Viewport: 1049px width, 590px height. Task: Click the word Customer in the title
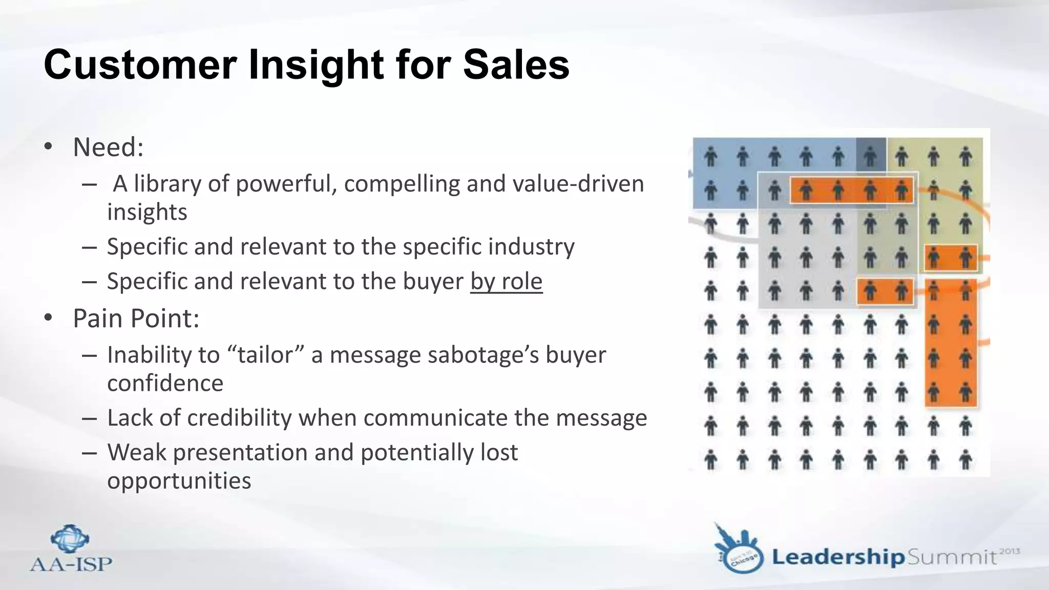[140, 65]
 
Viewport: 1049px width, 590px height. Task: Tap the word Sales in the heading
[516, 65]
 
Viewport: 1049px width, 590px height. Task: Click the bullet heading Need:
[108, 147]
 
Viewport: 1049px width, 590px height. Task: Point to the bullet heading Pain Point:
[136, 318]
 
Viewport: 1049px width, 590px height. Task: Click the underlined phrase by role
[506, 281]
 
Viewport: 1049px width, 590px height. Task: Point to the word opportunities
[179, 481]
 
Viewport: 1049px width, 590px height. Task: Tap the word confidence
[165, 384]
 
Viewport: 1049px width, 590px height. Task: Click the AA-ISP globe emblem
[70, 539]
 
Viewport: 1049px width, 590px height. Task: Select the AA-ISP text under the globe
[71, 564]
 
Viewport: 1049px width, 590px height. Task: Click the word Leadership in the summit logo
[838, 557]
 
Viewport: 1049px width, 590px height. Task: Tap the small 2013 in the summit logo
[1010, 551]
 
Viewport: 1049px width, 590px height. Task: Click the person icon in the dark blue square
[870, 156]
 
